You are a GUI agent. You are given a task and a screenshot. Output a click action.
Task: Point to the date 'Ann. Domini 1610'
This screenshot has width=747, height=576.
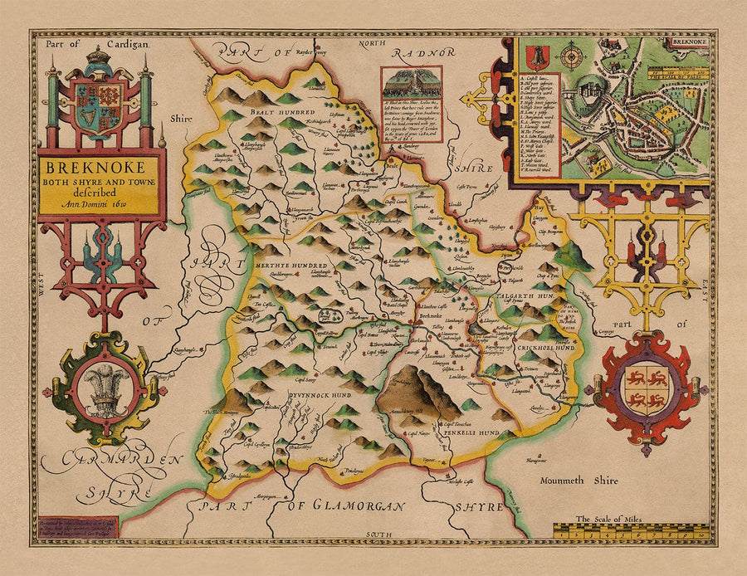click(x=101, y=206)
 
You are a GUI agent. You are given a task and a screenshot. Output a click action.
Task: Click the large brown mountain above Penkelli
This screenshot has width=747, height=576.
click(x=419, y=391)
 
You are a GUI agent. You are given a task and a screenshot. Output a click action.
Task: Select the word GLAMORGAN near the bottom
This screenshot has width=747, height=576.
click(x=347, y=505)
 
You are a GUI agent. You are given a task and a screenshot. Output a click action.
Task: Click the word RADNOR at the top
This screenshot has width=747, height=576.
click(x=426, y=52)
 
